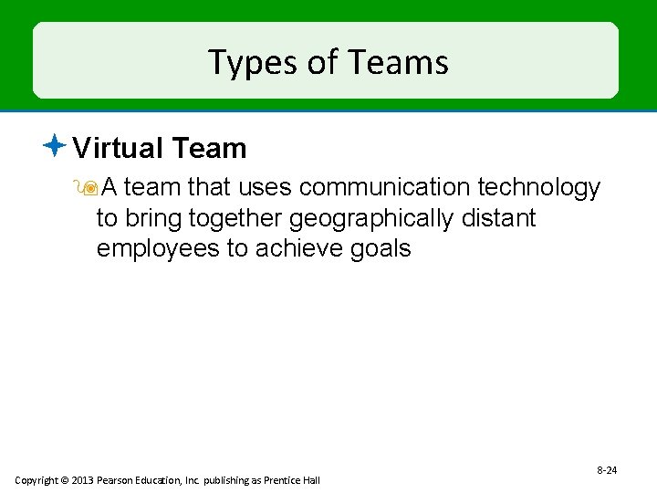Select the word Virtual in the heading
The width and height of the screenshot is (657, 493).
click(x=115, y=148)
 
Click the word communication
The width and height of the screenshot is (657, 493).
click(x=384, y=187)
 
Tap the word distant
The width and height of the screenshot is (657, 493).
click(x=502, y=218)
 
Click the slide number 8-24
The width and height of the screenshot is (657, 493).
click(x=607, y=470)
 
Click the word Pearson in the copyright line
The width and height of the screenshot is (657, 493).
click(x=121, y=480)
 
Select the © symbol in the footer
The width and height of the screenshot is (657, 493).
click(x=66, y=480)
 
